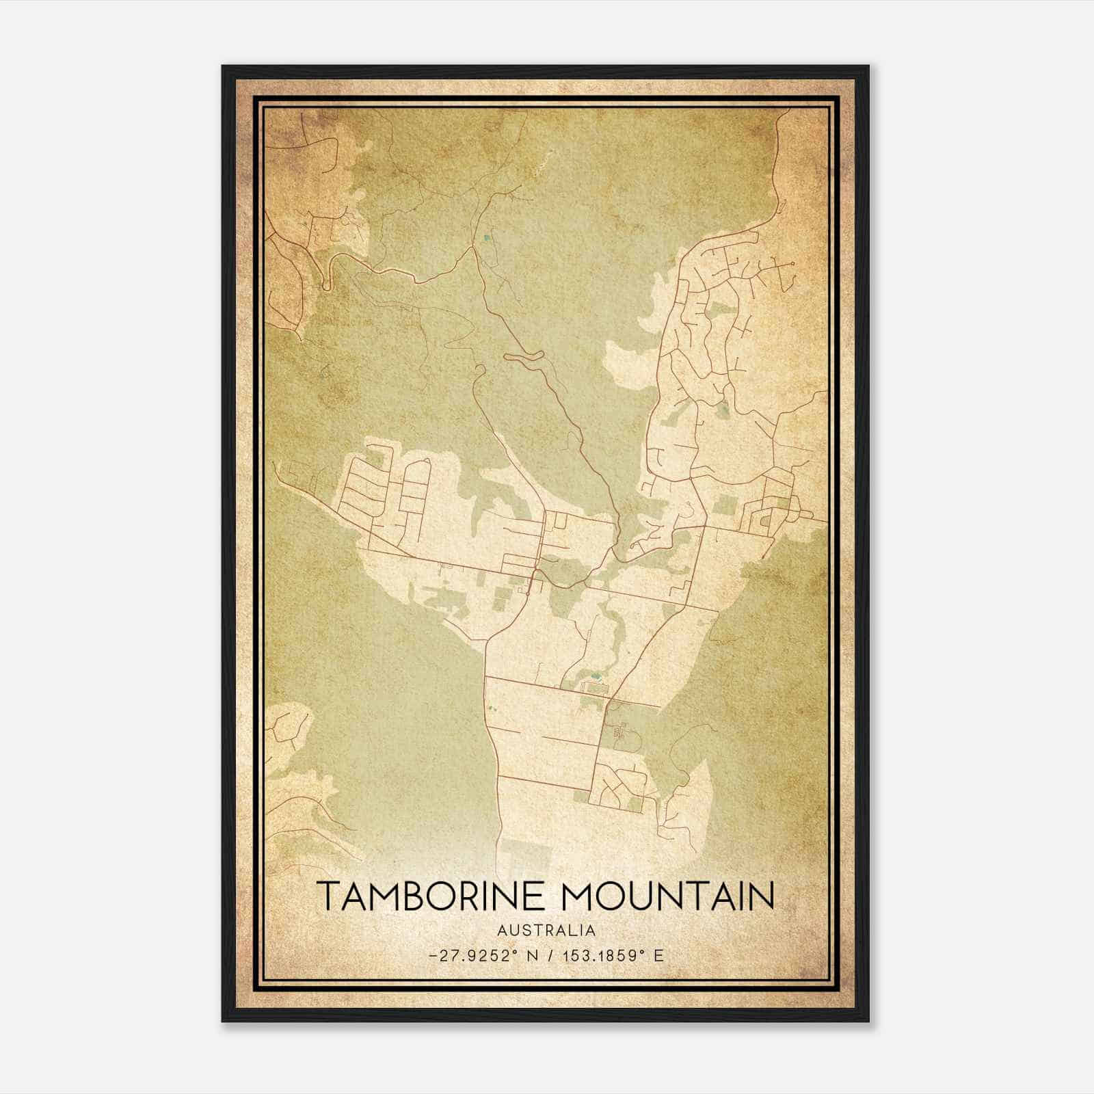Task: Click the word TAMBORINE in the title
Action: (x=432, y=896)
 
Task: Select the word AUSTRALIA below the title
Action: (x=546, y=931)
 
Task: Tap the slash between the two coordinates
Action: (x=549, y=955)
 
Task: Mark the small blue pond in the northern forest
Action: (x=486, y=238)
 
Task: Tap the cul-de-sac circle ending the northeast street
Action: (x=792, y=263)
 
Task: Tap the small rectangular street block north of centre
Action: (x=560, y=523)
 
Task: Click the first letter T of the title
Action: (x=326, y=896)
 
